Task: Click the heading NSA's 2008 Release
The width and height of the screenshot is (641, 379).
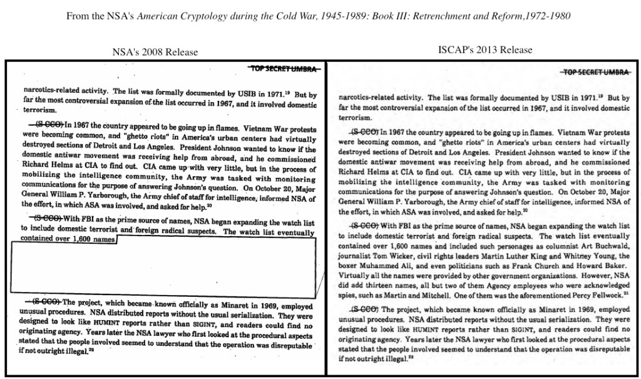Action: tap(155, 52)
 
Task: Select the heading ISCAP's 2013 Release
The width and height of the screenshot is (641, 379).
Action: tap(486, 49)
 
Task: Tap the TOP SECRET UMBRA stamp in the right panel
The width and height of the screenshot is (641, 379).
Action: tap(595, 72)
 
